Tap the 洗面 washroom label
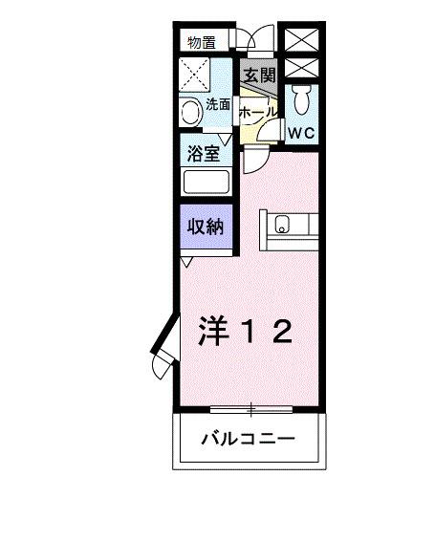tap(218, 105)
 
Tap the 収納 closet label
tap(205, 227)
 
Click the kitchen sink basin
tap(282, 226)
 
